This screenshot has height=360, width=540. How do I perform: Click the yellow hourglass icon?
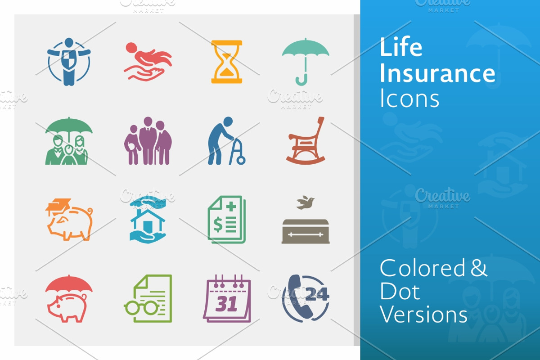click(x=227, y=62)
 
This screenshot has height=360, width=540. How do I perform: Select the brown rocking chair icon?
click(x=306, y=141)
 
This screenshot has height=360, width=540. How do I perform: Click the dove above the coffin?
click(x=306, y=202)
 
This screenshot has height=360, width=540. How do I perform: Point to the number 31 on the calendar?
click(x=226, y=304)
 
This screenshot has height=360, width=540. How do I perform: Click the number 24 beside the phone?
click(x=317, y=294)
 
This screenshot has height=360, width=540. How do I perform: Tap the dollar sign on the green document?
click(x=218, y=224)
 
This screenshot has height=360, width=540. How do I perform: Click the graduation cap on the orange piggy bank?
click(x=58, y=207)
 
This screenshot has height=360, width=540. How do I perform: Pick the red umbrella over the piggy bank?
click(x=69, y=284)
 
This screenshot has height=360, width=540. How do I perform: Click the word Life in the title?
click(x=401, y=46)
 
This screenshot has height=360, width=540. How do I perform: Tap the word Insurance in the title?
click(x=437, y=73)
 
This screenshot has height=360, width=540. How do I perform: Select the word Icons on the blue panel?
click(x=409, y=98)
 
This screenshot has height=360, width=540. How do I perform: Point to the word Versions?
click(x=423, y=314)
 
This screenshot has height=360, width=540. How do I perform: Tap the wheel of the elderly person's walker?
click(x=241, y=160)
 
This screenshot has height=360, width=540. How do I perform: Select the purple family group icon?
click(x=148, y=141)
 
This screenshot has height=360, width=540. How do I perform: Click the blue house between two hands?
click(x=148, y=221)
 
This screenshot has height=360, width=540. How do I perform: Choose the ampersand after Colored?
click(x=479, y=267)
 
